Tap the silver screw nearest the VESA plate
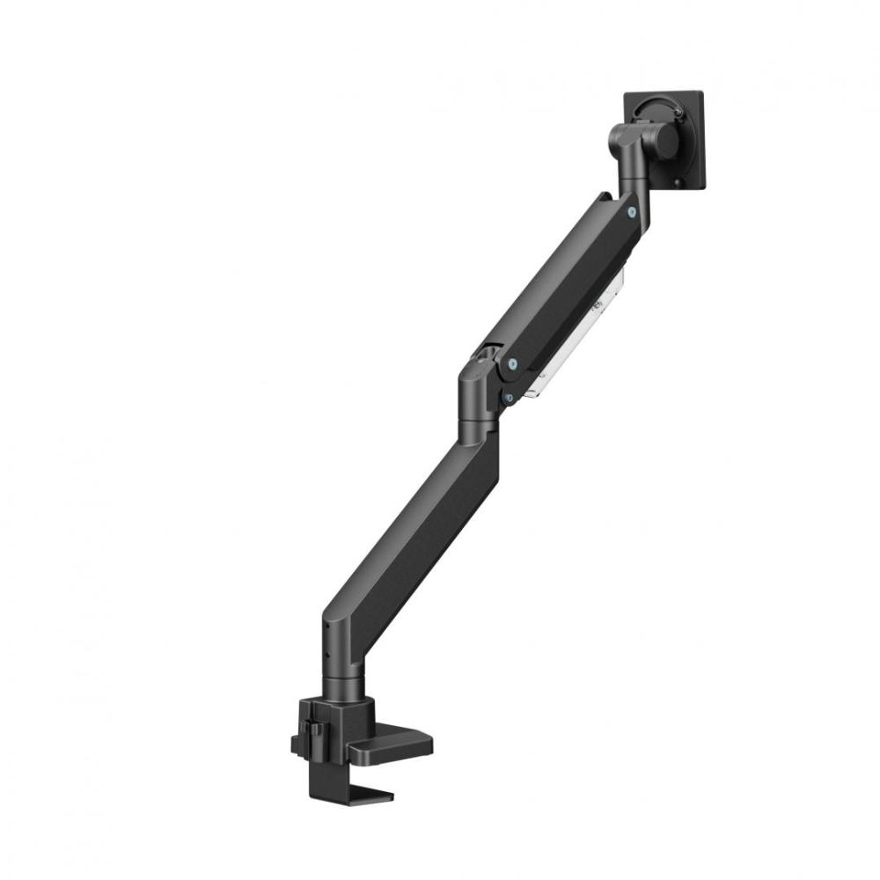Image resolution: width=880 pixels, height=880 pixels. (x=633, y=211)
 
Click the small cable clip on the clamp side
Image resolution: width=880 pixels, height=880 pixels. (x=308, y=730)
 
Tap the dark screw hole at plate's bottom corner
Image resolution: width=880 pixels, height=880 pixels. (x=677, y=182)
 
